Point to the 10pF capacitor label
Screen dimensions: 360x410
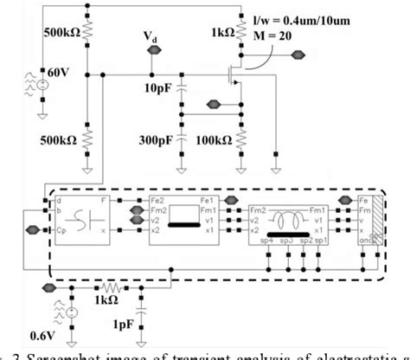click(159, 88)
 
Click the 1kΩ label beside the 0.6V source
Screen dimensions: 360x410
click(106, 301)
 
